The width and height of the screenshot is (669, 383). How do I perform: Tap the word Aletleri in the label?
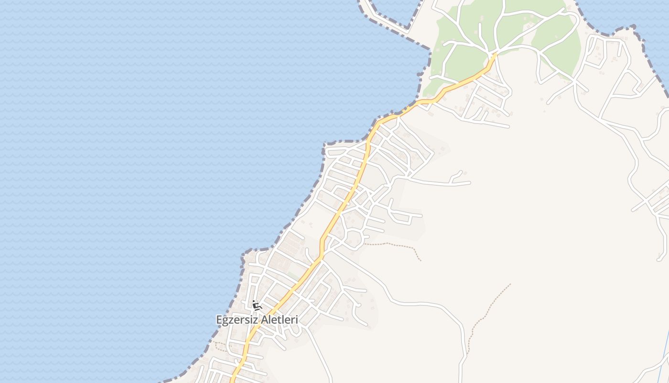[278, 320]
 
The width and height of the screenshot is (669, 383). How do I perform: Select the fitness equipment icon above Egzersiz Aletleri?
[257, 305]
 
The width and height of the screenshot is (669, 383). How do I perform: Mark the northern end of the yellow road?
[495, 56]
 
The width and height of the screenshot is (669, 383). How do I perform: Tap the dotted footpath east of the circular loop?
[397, 246]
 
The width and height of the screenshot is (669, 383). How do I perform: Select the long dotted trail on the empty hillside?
[487, 311]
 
